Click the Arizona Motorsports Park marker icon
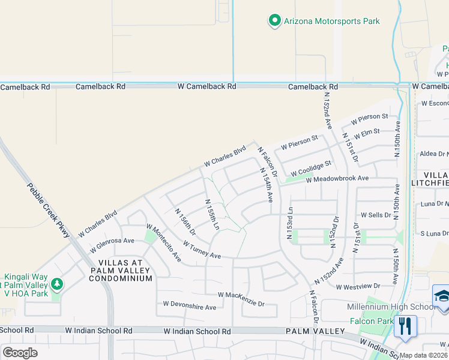click(275, 21)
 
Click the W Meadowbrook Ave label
click(337, 179)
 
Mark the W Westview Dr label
click(358, 287)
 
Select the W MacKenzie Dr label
click(241, 298)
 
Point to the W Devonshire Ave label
click(190, 307)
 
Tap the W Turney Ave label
click(202, 250)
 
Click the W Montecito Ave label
click(164, 242)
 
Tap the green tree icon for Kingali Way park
click(56, 283)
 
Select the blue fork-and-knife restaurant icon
click(406, 326)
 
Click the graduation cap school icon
click(441, 296)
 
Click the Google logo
click(20, 352)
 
